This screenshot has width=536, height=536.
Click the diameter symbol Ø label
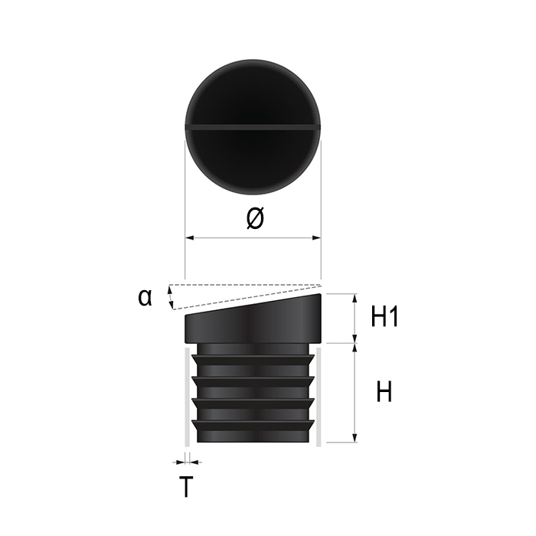(255, 218)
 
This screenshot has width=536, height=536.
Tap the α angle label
(145, 297)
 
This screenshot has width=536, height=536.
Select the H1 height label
(384, 317)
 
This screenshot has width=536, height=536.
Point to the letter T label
(186, 487)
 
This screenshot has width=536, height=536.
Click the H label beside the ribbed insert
(384, 392)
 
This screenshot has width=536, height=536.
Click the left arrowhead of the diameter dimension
(190, 237)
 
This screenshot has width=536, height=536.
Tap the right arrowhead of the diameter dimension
(316, 237)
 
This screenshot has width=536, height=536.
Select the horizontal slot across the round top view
(253, 127)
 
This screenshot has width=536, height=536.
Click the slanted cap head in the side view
(253, 319)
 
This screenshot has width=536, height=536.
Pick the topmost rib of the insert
(253, 360)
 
